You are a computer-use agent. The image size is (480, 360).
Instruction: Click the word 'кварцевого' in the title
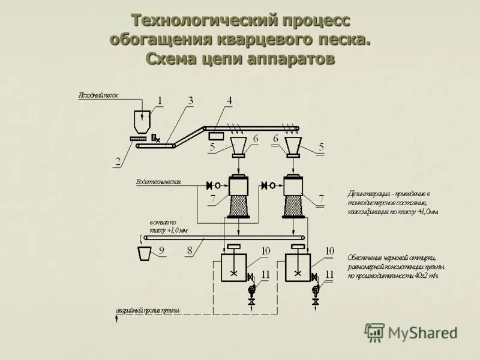tap(259, 40)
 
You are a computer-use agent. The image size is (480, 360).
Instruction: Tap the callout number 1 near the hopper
tap(160, 100)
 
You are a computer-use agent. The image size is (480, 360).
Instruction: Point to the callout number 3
tap(191, 100)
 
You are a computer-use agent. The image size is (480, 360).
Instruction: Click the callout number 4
tap(229, 100)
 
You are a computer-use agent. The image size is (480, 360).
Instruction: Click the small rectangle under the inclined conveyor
tap(215, 136)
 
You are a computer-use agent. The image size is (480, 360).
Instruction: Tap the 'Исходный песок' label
tap(98, 95)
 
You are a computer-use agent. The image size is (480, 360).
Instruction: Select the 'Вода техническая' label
tap(158, 181)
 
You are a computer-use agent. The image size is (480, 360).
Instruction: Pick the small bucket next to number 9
tap(145, 253)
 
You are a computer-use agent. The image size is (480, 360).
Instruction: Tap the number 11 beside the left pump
tap(266, 274)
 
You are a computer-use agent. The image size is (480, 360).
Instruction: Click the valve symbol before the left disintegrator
tap(210, 185)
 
